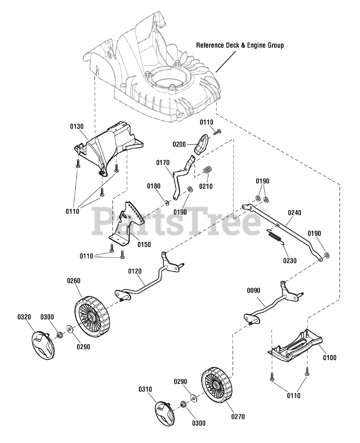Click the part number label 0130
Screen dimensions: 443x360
click(x=76, y=127)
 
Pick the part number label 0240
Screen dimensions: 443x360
click(x=294, y=213)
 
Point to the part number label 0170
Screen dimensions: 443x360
click(x=163, y=162)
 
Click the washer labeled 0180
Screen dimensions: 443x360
click(x=166, y=202)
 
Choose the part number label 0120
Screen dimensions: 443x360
click(x=135, y=271)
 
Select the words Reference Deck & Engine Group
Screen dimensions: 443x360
click(x=240, y=45)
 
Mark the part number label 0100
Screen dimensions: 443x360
click(x=330, y=358)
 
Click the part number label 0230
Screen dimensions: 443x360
click(x=289, y=261)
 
